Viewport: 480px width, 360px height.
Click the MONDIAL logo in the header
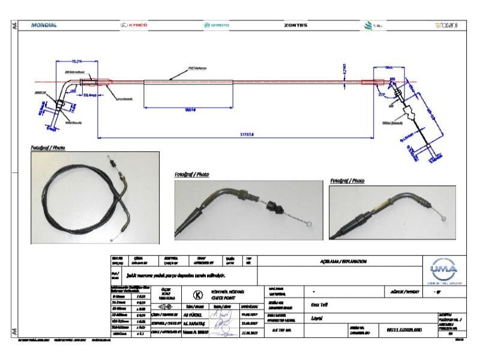[x=43, y=25]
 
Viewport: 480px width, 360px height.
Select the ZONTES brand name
[x=295, y=25]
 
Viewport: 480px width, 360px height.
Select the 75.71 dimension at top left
[x=77, y=61]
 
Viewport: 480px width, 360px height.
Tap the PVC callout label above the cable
[x=196, y=68]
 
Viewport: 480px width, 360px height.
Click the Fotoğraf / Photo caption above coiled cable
[x=48, y=147]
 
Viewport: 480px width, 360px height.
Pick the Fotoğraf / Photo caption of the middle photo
[x=192, y=175]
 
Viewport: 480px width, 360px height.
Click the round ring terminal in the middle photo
[x=309, y=225]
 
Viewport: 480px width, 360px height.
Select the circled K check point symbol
[x=196, y=295]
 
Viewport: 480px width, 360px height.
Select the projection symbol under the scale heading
[x=164, y=305]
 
